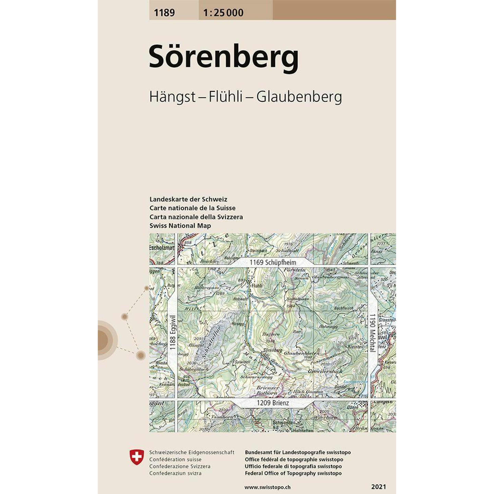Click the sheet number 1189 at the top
click(164, 13)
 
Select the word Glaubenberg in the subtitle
click(299, 97)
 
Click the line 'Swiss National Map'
click(180, 226)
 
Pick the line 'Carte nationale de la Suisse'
click(192, 208)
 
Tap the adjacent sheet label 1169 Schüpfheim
click(273, 262)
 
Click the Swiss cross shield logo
click(137, 457)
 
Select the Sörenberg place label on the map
click(273, 350)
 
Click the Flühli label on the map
click(257, 286)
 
